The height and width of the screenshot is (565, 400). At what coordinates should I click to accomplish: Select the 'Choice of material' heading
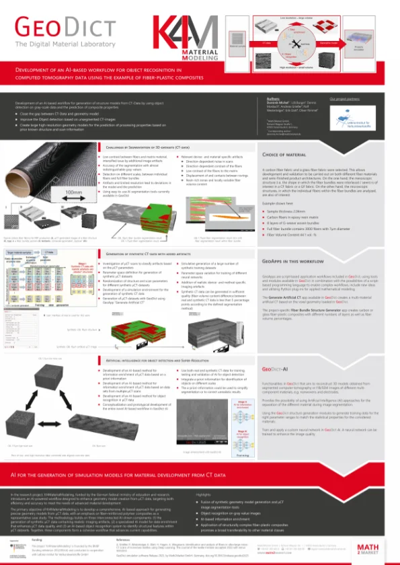coord(286,155)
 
